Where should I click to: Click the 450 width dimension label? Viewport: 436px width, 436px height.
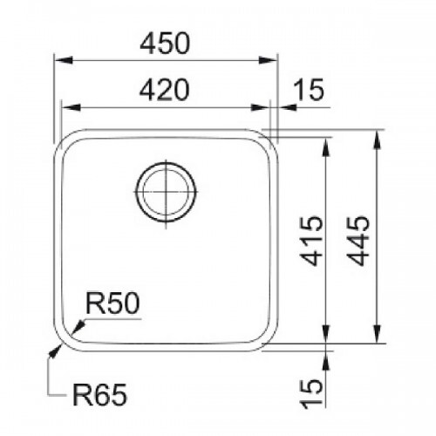tap(165, 44)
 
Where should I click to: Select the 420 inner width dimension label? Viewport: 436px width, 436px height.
tap(165, 90)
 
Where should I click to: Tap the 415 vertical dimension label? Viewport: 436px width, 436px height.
tap(311, 241)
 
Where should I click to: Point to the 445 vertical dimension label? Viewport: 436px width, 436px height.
tap(358, 241)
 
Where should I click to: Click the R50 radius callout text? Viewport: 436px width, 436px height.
tap(112, 303)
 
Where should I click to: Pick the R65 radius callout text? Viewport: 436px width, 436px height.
tap(99, 395)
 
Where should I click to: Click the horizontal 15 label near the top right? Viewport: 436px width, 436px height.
tap(309, 90)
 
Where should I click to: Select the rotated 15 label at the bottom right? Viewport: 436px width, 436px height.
tap(311, 394)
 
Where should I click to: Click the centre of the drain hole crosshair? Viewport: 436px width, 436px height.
tap(166, 192)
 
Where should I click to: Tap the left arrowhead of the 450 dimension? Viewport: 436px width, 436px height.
tap(64, 60)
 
